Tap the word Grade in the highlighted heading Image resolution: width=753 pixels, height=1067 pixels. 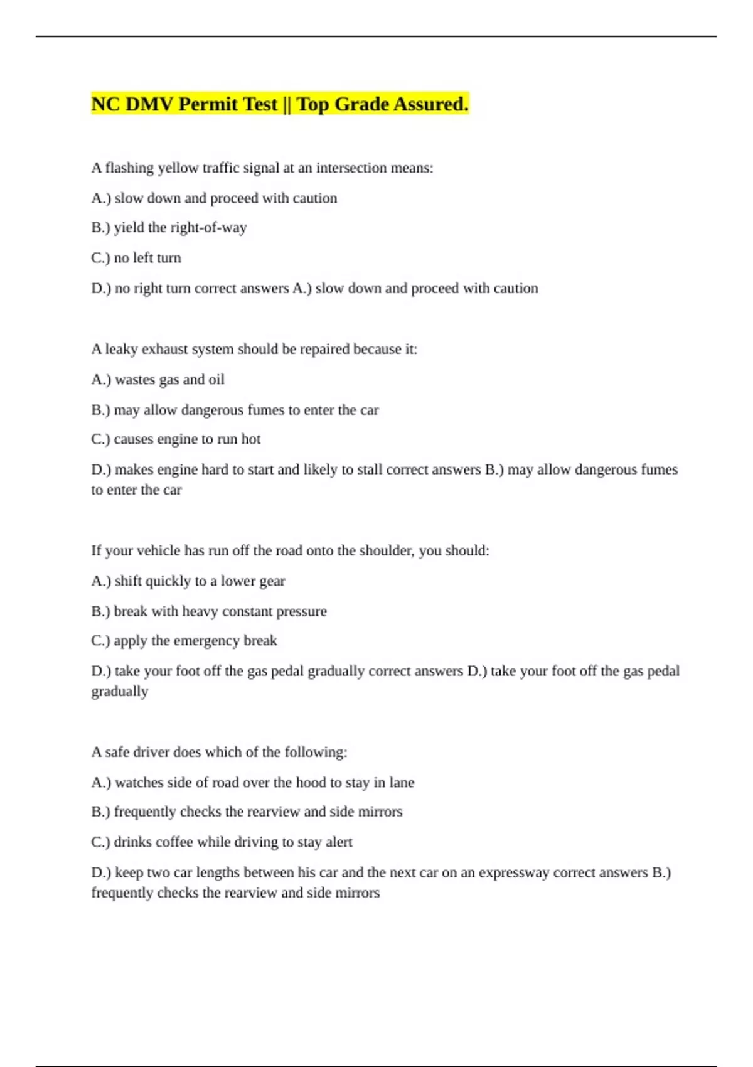361,104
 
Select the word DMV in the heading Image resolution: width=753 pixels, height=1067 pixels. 149,104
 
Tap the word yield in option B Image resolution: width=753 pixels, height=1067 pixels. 129,228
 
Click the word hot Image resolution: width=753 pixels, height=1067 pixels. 251,439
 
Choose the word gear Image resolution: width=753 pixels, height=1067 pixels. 272,582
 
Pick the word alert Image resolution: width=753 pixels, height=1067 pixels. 339,842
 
